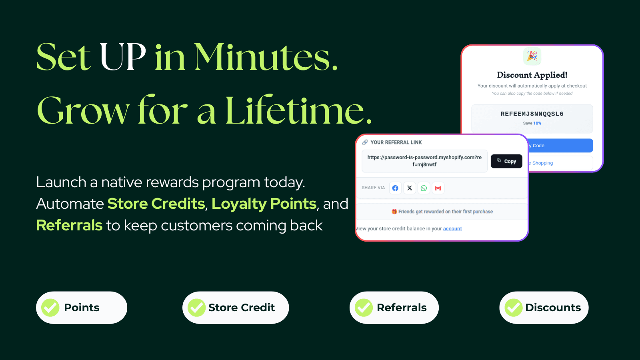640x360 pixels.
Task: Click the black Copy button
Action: pyautogui.click(x=506, y=161)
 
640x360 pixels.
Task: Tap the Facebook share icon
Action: pyautogui.click(x=395, y=188)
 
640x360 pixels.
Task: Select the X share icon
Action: pyautogui.click(x=410, y=188)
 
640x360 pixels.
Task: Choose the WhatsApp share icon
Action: pyautogui.click(x=424, y=188)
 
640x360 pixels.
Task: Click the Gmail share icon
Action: pyautogui.click(x=438, y=188)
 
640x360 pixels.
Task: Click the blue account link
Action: pyautogui.click(x=452, y=229)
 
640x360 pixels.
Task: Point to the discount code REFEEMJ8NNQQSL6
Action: pyautogui.click(x=532, y=114)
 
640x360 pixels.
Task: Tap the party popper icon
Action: pyautogui.click(x=532, y=56)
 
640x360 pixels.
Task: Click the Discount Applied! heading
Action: pyautogui.click(x=532, y=75)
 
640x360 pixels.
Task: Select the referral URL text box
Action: pyautogui.click(x=424, y=161)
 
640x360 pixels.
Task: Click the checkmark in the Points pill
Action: pyautogui.click(x=50, y=308)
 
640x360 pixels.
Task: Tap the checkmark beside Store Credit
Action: pyautogui.click(x=197, y=308)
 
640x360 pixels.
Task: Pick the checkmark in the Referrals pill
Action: pyautogui.click(x=364, y=308)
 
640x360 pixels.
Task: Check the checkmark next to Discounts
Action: pyautogui.click(x=514, y=308)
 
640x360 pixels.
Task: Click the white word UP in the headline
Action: pyautogui.click(x=123, y=57)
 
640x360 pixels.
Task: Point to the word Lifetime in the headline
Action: pyautogui.click(x=298, y=110)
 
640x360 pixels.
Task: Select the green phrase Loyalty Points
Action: pyautogui.click(x=264, y=204)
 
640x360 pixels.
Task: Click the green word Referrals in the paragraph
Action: pyautogui.click(x=69, y=225)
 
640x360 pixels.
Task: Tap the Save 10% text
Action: pyautogui.click(x=532, y=123)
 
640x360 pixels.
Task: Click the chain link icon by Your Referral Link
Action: pyautogui.click(x=365, y=142)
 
